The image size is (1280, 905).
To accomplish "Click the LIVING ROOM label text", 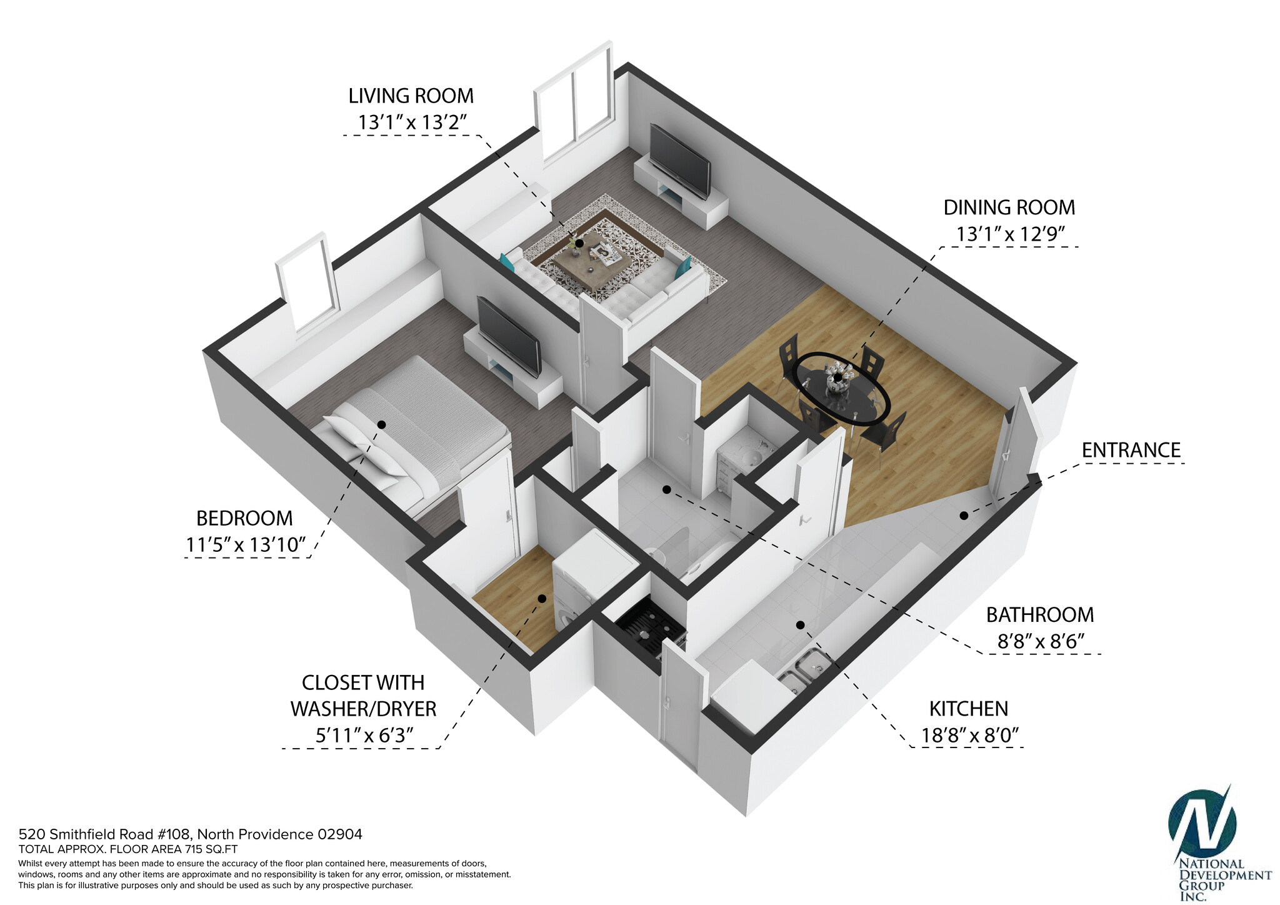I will click(x=411, y=96).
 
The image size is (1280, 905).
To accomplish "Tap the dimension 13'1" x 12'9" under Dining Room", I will click(x=1009, y=234).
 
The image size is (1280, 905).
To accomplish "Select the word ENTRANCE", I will click(x=1131, y=451).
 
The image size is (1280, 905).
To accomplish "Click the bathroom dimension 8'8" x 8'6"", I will click(x=1040, y=642).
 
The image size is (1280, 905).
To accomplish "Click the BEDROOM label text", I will click(x=244, y=519).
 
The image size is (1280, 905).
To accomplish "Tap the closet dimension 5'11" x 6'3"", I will click(x=364, y=736).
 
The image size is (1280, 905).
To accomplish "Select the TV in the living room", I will click(x=679, y=161).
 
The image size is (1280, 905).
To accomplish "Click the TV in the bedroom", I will click(x=508, y=336).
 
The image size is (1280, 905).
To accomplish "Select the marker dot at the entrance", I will click(x=964, y=516).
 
